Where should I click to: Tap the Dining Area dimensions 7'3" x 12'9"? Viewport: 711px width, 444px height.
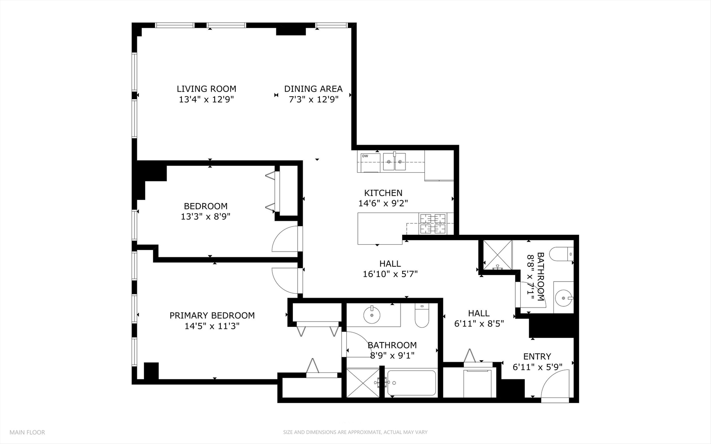point(313,99)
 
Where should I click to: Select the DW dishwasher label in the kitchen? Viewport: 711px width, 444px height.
point(365,156)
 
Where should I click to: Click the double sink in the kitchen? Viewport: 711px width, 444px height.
point(395,162)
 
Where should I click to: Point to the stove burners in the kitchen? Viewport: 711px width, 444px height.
point(433,224)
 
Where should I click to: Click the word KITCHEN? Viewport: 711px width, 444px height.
point(383,193)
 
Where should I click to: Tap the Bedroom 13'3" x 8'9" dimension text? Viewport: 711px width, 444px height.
point(206,217)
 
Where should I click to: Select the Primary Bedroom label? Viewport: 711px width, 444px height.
point(212,315)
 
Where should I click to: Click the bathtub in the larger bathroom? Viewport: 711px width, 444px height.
point(412,383)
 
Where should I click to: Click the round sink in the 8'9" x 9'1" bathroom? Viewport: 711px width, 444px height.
point(372,315)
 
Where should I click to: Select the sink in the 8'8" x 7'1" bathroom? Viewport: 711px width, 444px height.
point(563,296)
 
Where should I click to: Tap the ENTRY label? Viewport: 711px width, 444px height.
point(537,356)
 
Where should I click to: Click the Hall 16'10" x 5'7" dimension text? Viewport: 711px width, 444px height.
point(390,274)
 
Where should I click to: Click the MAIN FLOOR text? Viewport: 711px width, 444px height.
point(27,432)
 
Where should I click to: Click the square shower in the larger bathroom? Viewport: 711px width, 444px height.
point(363,383)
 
